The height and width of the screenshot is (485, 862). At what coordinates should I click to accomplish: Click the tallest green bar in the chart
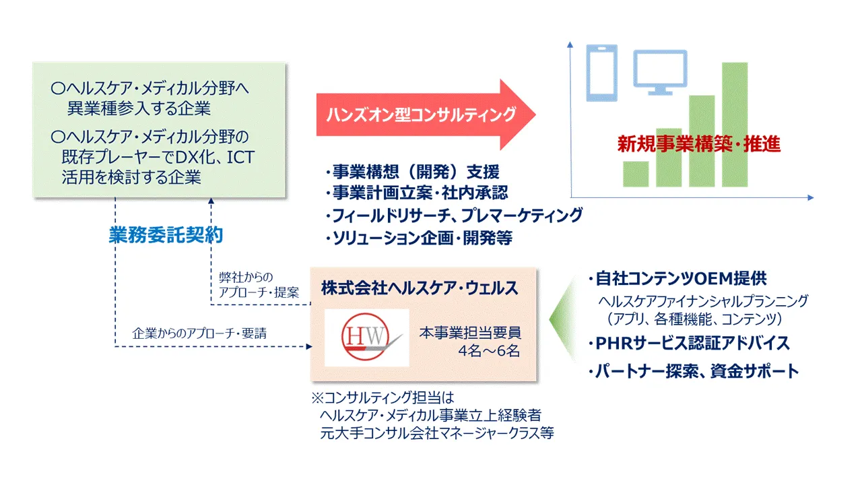[734, 125]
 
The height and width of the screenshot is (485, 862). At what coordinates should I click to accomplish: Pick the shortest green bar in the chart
[636, 174]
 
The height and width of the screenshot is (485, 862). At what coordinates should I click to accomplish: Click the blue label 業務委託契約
[166, 236]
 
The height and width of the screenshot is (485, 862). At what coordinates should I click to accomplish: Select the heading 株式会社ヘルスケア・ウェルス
[420, 288]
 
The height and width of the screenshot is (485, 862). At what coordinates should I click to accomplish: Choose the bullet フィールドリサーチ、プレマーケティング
[453, 216]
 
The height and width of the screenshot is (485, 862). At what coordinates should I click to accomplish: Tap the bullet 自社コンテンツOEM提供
[677, 280]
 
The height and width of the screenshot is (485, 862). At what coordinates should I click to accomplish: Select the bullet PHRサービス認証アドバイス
[688, 343]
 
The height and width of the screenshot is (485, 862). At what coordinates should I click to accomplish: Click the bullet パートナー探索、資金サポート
[693, 370]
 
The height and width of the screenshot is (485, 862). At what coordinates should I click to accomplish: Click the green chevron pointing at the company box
[560, 317]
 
